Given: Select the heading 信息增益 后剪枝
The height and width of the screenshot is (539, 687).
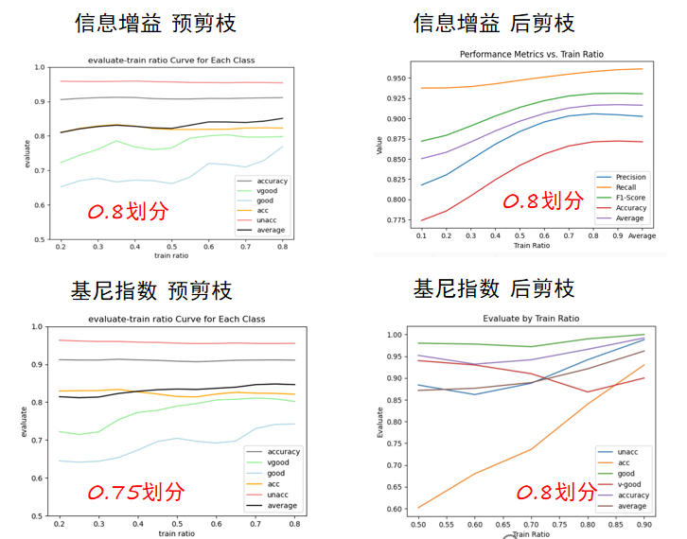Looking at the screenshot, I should point(493,23).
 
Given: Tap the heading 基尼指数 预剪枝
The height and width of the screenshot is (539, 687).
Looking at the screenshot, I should point(151,289).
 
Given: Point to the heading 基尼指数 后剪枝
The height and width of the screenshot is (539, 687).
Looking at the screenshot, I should point(493,289).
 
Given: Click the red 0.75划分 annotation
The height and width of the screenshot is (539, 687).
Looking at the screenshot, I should point(136,492).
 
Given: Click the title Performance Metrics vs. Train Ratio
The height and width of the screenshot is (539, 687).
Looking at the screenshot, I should point(527,56).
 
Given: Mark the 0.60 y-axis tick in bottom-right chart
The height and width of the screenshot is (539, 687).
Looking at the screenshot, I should point(398,509).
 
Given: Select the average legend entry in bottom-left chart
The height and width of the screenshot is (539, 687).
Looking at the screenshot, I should point(282,505).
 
